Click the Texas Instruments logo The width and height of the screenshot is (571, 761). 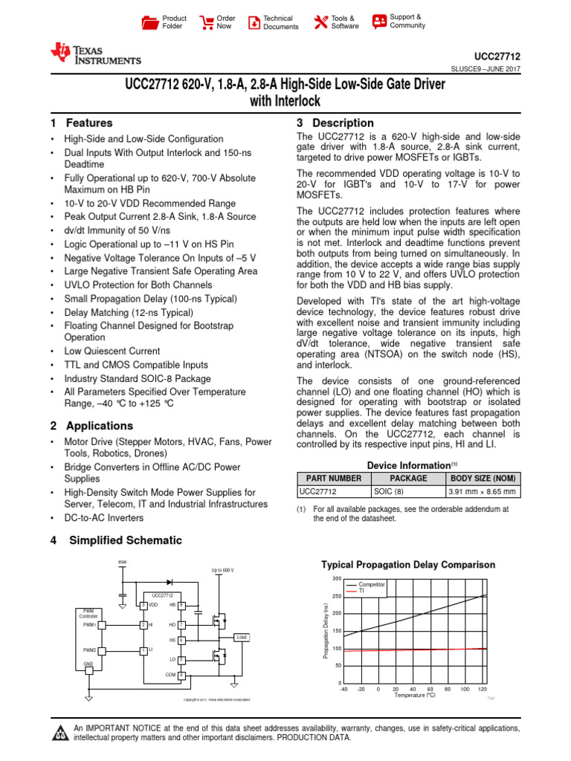[94, 54]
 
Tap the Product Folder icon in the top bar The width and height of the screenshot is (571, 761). [150, 22]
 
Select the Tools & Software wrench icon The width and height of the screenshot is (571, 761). [320, 22]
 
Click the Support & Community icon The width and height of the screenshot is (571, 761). [379, 21]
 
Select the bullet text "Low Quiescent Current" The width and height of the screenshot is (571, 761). [112, 351]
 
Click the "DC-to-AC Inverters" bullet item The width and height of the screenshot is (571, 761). [104, 517]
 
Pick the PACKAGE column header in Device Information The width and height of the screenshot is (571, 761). [408, 479]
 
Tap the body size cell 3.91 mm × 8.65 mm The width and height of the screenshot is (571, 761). [483, 491]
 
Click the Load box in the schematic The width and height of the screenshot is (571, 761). [242, 637]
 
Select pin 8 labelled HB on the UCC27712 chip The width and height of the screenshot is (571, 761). [181, 605]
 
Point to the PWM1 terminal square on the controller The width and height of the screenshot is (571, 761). [102, 625]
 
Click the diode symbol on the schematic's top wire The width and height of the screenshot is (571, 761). [170, 582]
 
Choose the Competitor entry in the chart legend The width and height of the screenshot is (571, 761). [372, 585]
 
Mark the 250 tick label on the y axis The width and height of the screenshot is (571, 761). [336, 596]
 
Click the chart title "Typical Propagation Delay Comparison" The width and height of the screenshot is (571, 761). [407, 565]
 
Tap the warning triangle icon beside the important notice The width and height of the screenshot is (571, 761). [59, 735]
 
